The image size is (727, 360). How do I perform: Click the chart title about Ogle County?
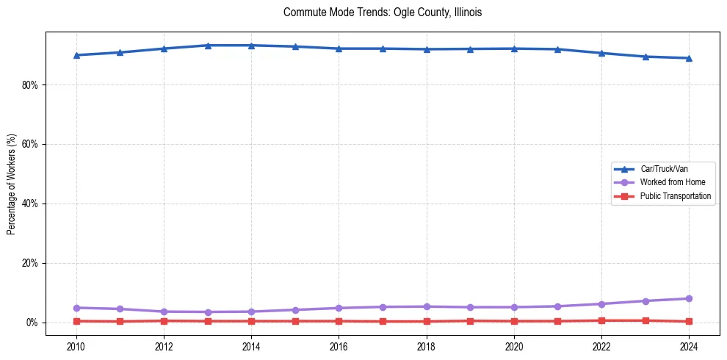tap(382, 12)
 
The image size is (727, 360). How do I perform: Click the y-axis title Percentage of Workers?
tap(11, 184)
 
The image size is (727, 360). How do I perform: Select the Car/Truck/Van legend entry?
tap(664, 169)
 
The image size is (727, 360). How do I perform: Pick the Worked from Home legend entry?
tap(669, 182)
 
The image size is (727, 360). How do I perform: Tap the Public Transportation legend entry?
tap(675, 196)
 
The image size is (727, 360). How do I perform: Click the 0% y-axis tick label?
tap(32, 323)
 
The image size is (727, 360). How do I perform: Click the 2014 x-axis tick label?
tap(251, 345)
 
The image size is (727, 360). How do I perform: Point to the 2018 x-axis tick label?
tap(427, 345)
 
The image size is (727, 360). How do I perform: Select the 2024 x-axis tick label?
tap(689, 345)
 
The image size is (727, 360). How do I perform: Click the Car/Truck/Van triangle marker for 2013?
tap(208, 46)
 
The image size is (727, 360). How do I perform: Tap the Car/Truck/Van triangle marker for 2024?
tap(689, 58)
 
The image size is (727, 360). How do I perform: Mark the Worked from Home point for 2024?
tap(689, 298)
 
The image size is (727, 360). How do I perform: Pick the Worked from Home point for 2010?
tap(76, 308)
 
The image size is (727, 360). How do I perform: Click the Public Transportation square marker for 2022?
tap(601, 320)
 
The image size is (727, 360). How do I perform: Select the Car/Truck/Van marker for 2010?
tap(76, 55)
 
